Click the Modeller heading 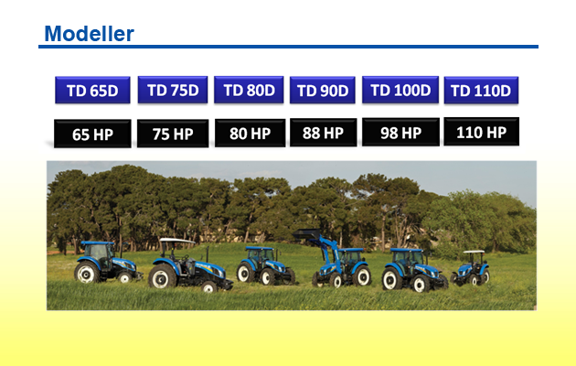(x=89, y=34)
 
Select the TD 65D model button (x=92, y=90)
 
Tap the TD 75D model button (x=173, y=90)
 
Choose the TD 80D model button (x=249, y=90)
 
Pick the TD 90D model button (x=323, y=90)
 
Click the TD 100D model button (x=400, y=90)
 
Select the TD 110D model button (x=481, y=90)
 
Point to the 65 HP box (x=92, y=134)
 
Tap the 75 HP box (x=173, y=134)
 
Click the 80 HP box (x=251, y=133)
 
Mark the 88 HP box (x=324, y=133)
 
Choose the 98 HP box (x=400, y=133)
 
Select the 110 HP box (x=482, y=132)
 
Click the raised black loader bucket (x=307, y=234)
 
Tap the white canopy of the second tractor (x=176, y=241)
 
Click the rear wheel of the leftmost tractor (x=87, y=273)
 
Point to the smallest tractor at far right (x=471, y=268)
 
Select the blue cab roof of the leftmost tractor (x=97, y=242)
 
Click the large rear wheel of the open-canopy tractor (x=162, y=276)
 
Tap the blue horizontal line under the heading (x=288, y=47)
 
